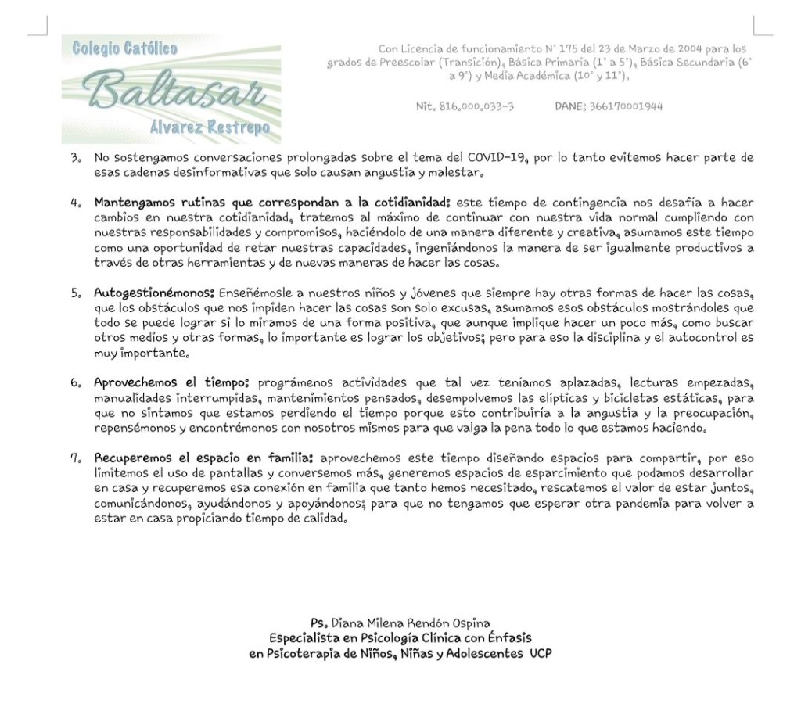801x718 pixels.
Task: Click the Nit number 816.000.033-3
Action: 465,106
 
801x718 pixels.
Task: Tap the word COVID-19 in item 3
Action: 496,158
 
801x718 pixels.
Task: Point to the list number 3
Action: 75,158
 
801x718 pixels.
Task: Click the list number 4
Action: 75,202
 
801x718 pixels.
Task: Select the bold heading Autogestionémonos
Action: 153,294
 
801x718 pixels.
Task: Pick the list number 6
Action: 75,383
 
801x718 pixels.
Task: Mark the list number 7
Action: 75,458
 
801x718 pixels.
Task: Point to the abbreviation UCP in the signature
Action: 540,652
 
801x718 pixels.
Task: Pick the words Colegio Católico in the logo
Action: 124,48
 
